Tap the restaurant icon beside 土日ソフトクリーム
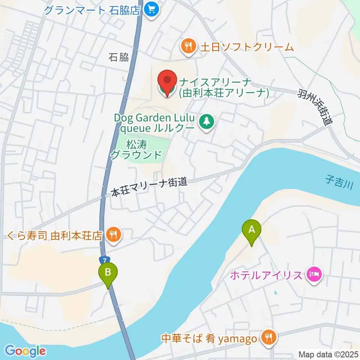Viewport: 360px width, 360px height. click(188, 46)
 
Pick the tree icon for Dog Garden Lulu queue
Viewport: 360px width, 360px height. click(206, 121)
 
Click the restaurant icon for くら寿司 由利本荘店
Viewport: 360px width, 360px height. click(113, 235)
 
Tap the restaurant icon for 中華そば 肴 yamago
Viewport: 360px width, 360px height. click(268, 339)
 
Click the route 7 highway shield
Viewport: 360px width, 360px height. click(105, 260)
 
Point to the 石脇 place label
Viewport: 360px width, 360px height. click(118, 57)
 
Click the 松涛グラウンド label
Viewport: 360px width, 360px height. click(137, 149)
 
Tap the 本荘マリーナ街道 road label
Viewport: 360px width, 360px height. click(149, 187)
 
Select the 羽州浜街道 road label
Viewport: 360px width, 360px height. click(316, 107)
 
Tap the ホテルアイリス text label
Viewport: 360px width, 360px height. click(265, 276)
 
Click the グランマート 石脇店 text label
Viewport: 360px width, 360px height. click(92, 9)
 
